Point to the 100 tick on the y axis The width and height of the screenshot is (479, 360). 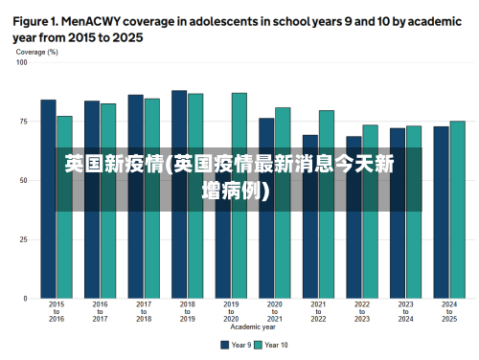pos(22,62)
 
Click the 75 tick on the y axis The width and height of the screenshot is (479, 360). pos(24,122)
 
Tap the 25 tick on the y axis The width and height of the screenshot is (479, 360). pos(24,239)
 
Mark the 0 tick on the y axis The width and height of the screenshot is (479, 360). pos(26,299)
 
